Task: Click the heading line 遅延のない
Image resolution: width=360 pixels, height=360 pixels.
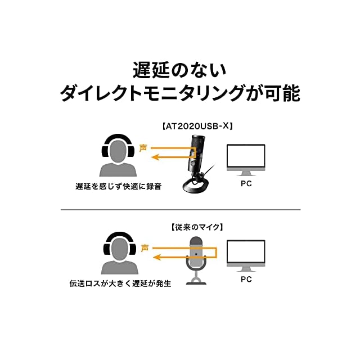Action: [x=179, y=70]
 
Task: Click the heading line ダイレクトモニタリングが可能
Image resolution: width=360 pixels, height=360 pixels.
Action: [x=180, y=93]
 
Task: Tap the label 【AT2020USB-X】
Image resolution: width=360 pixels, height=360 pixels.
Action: [x=197, y=126]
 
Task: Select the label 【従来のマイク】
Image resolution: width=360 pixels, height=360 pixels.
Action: [x=197, y=227]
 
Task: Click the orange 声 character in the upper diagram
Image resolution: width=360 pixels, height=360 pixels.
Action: [x=143, y=148]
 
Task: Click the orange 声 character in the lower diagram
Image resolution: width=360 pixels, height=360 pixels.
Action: [x=145, y=248]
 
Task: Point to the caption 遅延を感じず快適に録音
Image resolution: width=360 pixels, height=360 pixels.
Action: [x=119, y=186]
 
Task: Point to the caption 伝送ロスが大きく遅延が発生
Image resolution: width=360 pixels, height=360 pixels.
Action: [x=120, y=283]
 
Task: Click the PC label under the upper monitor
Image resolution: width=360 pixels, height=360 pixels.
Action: [x=246, y=184]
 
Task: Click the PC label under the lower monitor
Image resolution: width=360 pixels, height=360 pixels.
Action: [x=246, y=279]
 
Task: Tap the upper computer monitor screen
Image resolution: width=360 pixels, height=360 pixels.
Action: [x=246, y=156]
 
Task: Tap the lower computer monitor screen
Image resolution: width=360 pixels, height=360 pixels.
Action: [x=246, y=252]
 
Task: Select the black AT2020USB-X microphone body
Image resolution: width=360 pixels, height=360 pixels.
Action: [x=196, y=152]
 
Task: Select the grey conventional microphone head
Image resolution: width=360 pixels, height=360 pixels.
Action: [x=196, y=251]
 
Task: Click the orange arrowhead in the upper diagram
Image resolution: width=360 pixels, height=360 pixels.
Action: [x=155, y=157]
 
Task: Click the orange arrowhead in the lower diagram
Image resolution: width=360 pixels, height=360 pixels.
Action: [x=156, y=257]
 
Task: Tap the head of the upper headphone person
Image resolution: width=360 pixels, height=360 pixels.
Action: [x=118, y=150]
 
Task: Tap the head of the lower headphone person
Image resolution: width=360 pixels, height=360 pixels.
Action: [x=120, y=249]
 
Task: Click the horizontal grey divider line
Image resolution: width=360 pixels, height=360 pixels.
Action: [x=181, y=210]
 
